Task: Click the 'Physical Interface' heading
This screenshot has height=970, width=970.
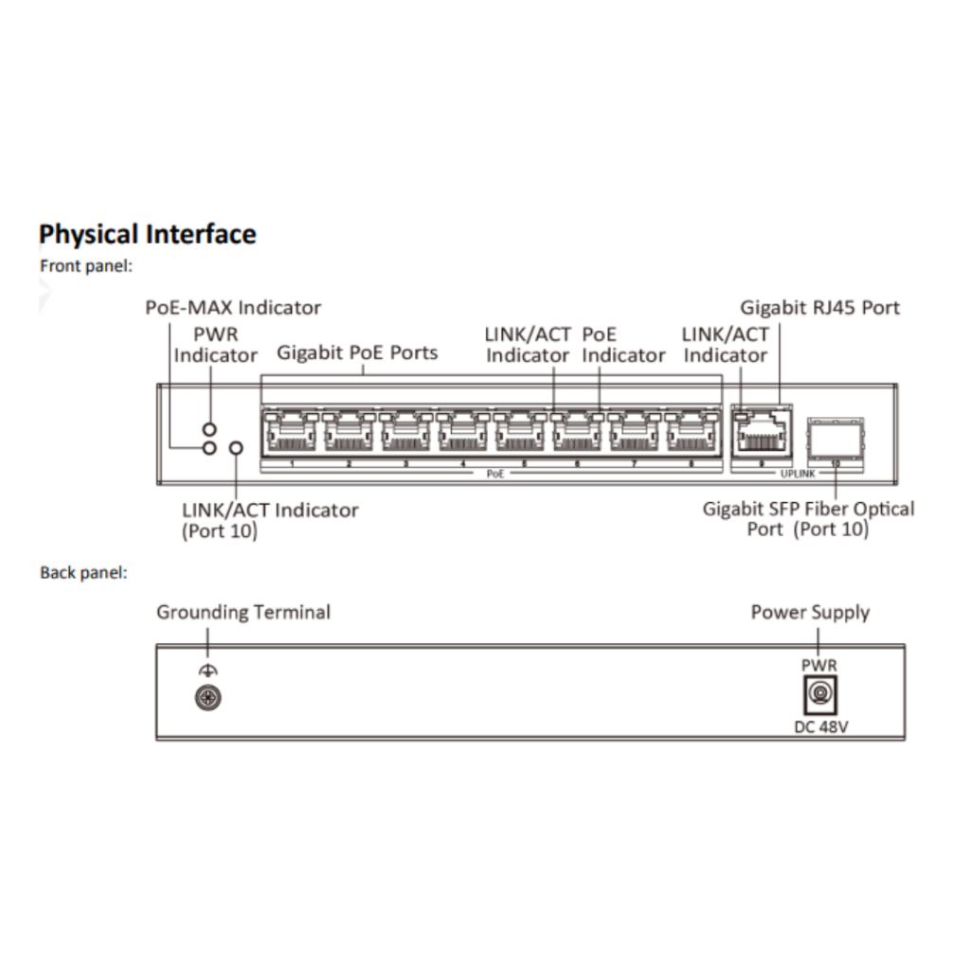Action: tap(148, 234)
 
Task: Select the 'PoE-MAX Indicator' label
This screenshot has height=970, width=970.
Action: tap(233, 307)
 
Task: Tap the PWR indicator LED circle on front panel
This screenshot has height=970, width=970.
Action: tap(210, 429)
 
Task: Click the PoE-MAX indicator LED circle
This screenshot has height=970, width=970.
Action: tap(210, 447)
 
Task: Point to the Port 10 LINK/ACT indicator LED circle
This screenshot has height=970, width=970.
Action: tap(236, 447)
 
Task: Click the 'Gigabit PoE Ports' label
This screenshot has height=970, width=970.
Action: tap(357, 352)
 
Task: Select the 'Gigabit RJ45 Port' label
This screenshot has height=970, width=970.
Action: tap(819, 307)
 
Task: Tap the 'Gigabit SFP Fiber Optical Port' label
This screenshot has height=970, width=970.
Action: tap(808, 518)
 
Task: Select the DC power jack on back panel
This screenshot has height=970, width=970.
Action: tap(818, 699)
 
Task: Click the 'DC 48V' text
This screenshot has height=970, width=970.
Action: tap(819, 727)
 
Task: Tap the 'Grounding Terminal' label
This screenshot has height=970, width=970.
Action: tap(243, 612)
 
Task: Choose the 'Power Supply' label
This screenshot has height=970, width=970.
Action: tap(810, 612)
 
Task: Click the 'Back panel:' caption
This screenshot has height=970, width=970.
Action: tap(83, 572)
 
